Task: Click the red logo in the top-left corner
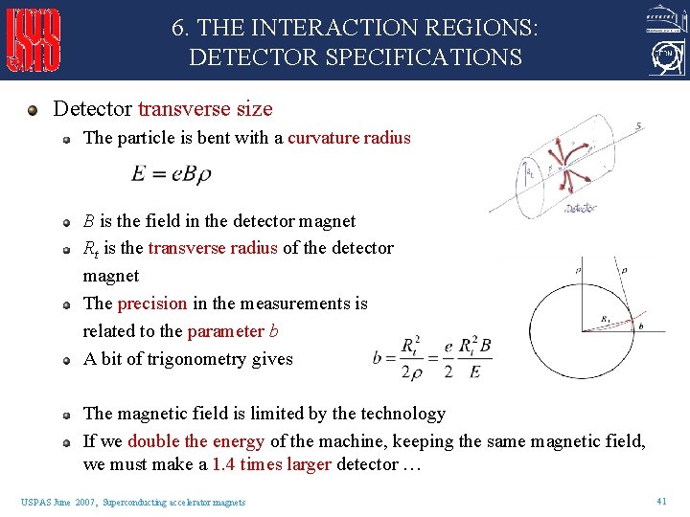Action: pyautogui.click(x=34, y=40)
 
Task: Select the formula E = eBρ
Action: pyautogui.click(x=172, y=174)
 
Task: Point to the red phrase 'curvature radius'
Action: pyautogui.click(x=349, y=138)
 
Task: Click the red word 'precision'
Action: pyautogui.click(x=152, y=303)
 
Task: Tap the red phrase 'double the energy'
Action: pyautogui.click(x=195, y=441)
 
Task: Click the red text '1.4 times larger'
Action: pyautogui.click(x=271, y=464)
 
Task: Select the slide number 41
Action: pyautogui.click(x=661, y=501)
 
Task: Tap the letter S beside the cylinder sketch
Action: pyautogui.click(x=638, y=125)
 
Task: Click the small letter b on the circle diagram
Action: pyautogui.click(x=640, y=327)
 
